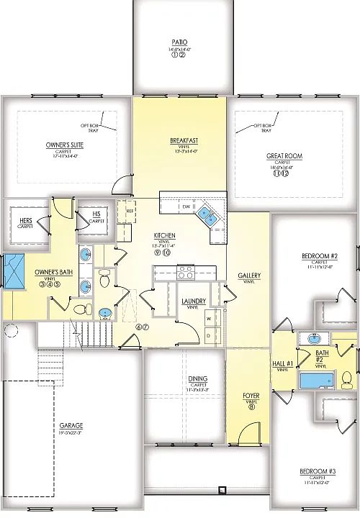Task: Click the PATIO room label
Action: (179, 42)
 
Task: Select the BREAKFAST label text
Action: (184, 140)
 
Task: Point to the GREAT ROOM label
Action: (284, 156)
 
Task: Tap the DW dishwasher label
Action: (185, 207)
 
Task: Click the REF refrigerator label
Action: (130, 211)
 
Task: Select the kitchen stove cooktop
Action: (185, 271)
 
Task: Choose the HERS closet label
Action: (25, 220)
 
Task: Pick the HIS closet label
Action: (96, 214)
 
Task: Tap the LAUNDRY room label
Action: (194, 301)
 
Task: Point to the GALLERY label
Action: (249, 276)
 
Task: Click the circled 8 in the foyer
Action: (251, 407)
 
